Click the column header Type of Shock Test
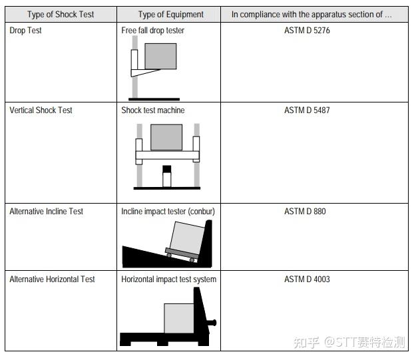coord(61,15)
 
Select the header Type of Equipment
coord(171,15)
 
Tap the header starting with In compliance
coord(312,15)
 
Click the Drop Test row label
coord(25,30)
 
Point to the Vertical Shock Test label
coord(41,110)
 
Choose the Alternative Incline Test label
coord(46,211)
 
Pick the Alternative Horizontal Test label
coord(52,279)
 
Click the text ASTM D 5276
coord(307,30)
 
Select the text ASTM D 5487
coord(307,110)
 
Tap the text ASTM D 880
coord(305,211)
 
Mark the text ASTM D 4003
coord(307,279)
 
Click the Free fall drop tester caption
coord(153,30)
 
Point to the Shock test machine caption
coord(153,110)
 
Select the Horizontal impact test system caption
coord(169,279)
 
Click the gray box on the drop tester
coord(160,57)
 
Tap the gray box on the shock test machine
coord(166,137)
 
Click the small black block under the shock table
coord(166,169)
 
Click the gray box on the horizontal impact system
coord(179,318)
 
